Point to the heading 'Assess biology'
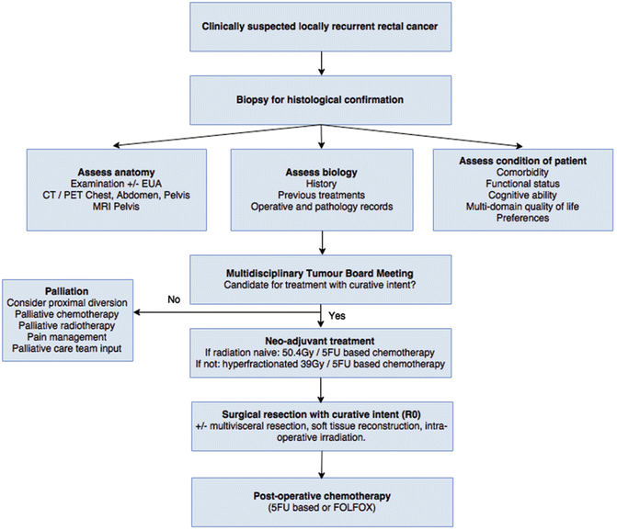click(321, 171)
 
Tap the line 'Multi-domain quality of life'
click(522, 209)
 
